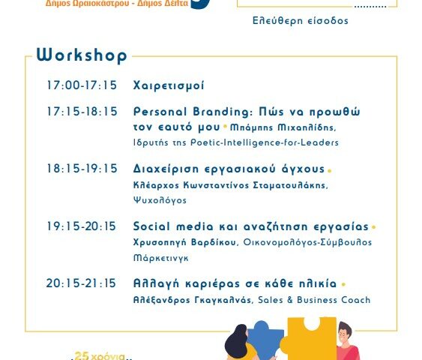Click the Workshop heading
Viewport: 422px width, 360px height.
pos(82,55)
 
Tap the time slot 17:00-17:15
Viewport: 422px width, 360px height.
pos(82,85)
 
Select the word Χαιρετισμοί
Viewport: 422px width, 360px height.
pos(169,85)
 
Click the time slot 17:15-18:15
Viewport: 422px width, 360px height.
pos(82,112)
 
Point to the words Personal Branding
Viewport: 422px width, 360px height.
pos(193,112)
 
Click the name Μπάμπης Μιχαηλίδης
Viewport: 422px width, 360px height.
pos(283,127)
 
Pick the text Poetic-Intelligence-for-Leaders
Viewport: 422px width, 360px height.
pos(265,142)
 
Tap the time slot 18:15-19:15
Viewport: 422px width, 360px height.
pos(82,169)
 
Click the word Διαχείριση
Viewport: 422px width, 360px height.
pos(166,169)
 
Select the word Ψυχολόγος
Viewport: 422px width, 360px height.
pos(160,200)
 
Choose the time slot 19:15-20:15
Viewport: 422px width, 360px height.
pos(81,226)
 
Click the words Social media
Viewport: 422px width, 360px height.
pos(173,226)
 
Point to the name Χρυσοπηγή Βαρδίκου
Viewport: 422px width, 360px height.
pos(185,242)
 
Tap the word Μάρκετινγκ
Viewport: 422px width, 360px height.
pos(161,258)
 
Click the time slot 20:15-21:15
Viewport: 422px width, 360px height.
pos(81,283)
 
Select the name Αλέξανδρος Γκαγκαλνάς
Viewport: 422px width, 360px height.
pos(193,300)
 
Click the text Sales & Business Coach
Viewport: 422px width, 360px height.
pos(314,300)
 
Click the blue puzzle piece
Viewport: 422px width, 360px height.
pos(265,340)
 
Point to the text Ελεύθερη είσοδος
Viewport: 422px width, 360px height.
pos(301,21)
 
